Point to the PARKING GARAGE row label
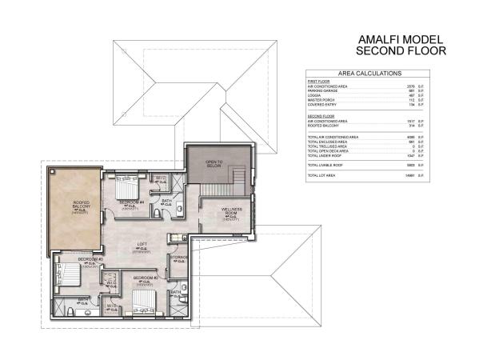coord(324,90)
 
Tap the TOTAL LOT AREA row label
coord(321,174)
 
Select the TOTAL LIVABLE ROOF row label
coord(325,164)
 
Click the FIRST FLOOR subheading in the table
coord(318,82)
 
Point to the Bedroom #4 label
coord(131,203)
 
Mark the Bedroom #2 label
coord(145,278)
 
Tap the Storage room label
coord(179,258)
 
